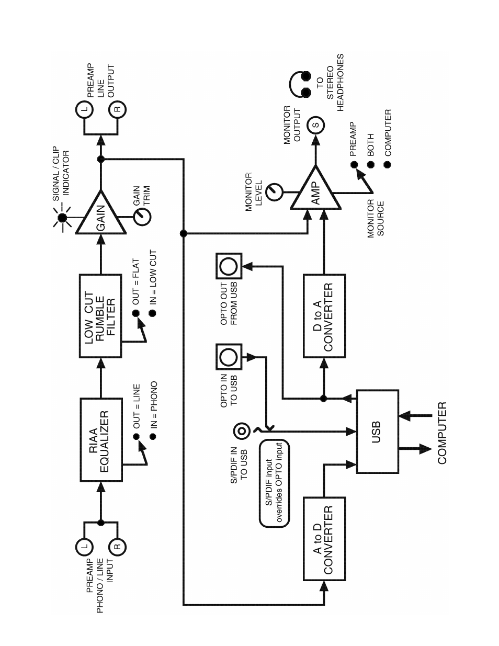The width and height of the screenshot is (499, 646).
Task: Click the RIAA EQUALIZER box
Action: pyautogui.click(x=101, y=439)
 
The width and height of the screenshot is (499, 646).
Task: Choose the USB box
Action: pyautogui.click(x=377, y=431)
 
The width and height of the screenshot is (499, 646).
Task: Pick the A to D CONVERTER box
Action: pyautogui.click(x=324, y=539)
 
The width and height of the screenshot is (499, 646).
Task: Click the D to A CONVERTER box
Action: pyautogui.click(x=324, y=316)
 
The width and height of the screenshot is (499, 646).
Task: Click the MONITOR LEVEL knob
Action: pyautogui.click(x=274, y=192)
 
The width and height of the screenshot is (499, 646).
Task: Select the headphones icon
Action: pyautogui.click(x=299, y=84)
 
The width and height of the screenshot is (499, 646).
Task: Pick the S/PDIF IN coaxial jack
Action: pyautogui.click(x=241, y=432)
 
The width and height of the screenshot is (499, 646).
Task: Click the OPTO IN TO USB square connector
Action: pyautogui.click(x=229, y=357)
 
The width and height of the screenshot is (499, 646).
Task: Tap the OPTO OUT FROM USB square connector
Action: pyautogui.click(x=229, y=266)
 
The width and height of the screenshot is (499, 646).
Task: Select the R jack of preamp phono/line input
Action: pyautogui.click(x=117, y=547)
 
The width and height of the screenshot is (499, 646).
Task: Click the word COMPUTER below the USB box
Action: pyautogui.click(x=443, y=433)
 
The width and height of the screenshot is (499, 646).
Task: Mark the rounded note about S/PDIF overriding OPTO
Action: pyautogui.click(x=274, y=483)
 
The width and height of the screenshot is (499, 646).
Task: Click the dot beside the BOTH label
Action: pyautogui.click(x=371, y=164)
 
